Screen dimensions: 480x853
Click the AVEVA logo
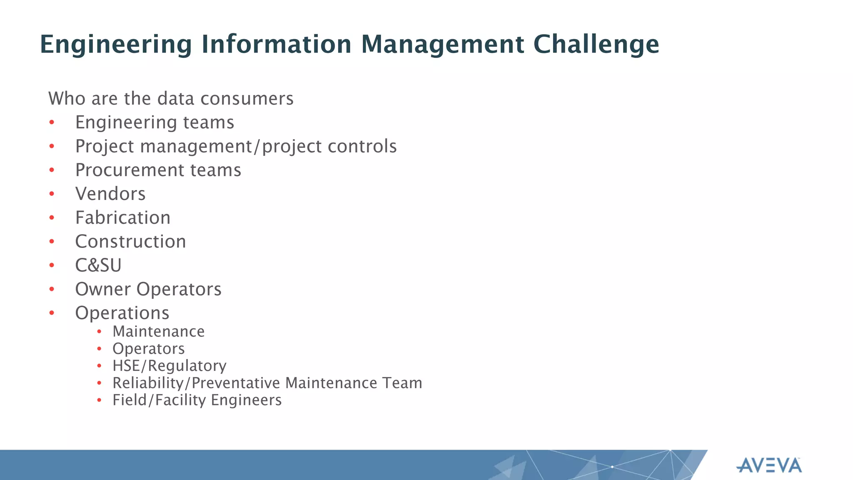pos(769,465)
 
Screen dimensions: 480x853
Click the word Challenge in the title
pos(596,44)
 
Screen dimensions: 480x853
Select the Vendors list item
pos(110,194)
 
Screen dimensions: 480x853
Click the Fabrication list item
pos(123,217)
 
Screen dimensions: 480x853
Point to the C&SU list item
pos(98,265)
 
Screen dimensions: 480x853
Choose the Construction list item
pos(130,242)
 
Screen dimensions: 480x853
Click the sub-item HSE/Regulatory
pos(170,366)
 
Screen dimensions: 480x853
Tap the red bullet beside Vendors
pos(52,194)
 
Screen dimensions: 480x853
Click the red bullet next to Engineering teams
pos(52,122)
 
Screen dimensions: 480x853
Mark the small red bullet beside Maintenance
pos(99,332)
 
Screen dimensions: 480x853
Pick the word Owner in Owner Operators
pos(103,289)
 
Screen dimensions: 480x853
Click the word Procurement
pos(130,170)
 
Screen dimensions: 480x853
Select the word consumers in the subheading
pos(247,99)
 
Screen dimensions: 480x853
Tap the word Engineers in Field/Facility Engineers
pos(246,400)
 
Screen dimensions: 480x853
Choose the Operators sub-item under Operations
pos(149,349)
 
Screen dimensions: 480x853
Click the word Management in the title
pos(442,44)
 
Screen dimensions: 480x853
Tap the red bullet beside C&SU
pos(52,265)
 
